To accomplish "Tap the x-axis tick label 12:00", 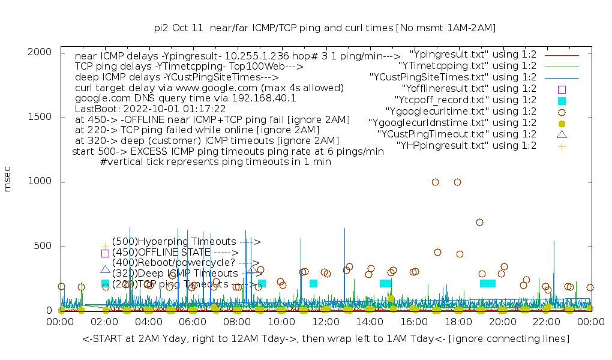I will tap(325, 322).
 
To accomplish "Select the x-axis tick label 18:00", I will tap(458, 322).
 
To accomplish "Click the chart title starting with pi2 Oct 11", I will tap(325, 28).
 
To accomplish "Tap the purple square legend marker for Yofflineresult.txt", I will tap(562, 89).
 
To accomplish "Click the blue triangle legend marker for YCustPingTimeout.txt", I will tap(562, 134).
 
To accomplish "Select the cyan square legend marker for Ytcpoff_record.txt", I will tap(562, 100).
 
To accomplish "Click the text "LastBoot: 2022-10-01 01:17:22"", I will tap(150, 109).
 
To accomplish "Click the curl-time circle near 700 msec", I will tap(479, 222).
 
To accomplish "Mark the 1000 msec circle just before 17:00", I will tap(435, 182).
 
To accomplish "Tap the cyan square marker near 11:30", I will tap(313, 283).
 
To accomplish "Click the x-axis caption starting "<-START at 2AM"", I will tap(326, 339).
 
